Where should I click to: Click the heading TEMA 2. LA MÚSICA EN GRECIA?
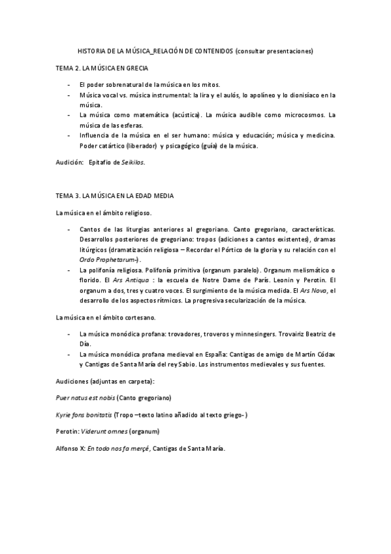(x=102, y=68)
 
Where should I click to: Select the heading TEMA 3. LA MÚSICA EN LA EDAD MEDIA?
(x=114, y=195)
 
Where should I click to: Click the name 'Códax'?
(x=324, y=354)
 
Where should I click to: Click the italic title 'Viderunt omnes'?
(x=105, y=432)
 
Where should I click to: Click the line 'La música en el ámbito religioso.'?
(x=104, y=213)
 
